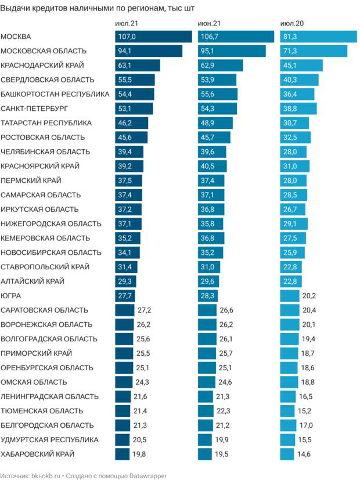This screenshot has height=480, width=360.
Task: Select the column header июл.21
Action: point(127,24)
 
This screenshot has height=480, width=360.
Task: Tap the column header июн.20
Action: point(292,24)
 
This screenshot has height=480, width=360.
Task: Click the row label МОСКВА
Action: point(16,37)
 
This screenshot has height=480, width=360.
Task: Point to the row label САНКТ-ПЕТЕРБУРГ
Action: point(35,109)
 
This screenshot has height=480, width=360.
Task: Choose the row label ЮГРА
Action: point(12,295)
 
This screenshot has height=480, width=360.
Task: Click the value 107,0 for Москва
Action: point(127,37)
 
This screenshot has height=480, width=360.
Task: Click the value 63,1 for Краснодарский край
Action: point(126,65)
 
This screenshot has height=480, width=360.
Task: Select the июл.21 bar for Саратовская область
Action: point(125,310)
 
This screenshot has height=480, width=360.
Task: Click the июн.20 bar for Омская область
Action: point(289,382)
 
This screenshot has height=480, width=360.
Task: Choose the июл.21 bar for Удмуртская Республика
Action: point(123,439)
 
